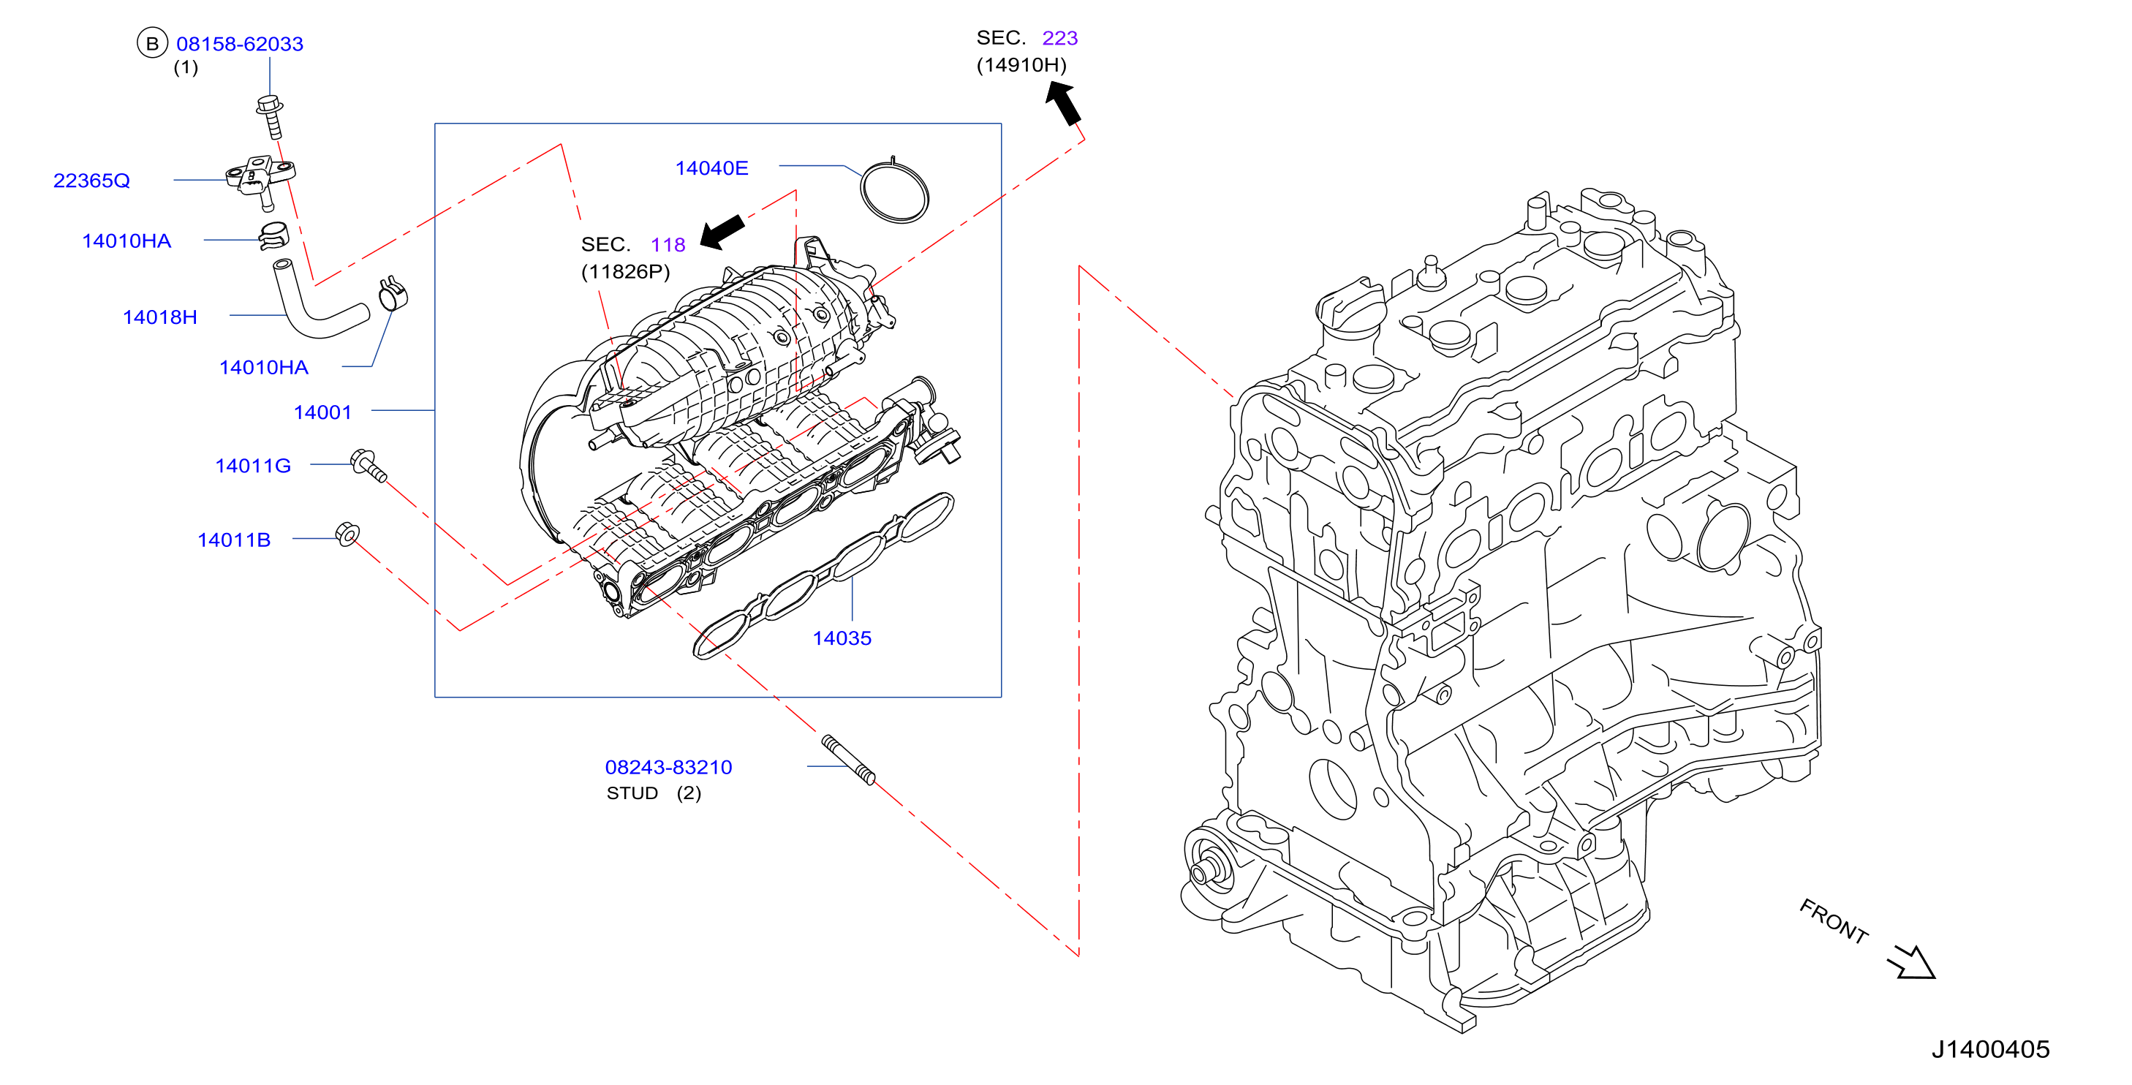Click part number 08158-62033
click(x=240, y=44)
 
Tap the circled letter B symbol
click(x=152, y=44)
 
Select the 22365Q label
click(x=92, y=181)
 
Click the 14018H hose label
click(x=159, y=317)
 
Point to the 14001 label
click(x=322, y=412)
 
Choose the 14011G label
click(x=253, y=466)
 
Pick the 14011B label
click(x=234, y=540)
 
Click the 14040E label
click(x=712, y=168)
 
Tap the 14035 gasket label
click(x=842, y=638)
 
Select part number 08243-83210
click(x=669, y=767)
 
